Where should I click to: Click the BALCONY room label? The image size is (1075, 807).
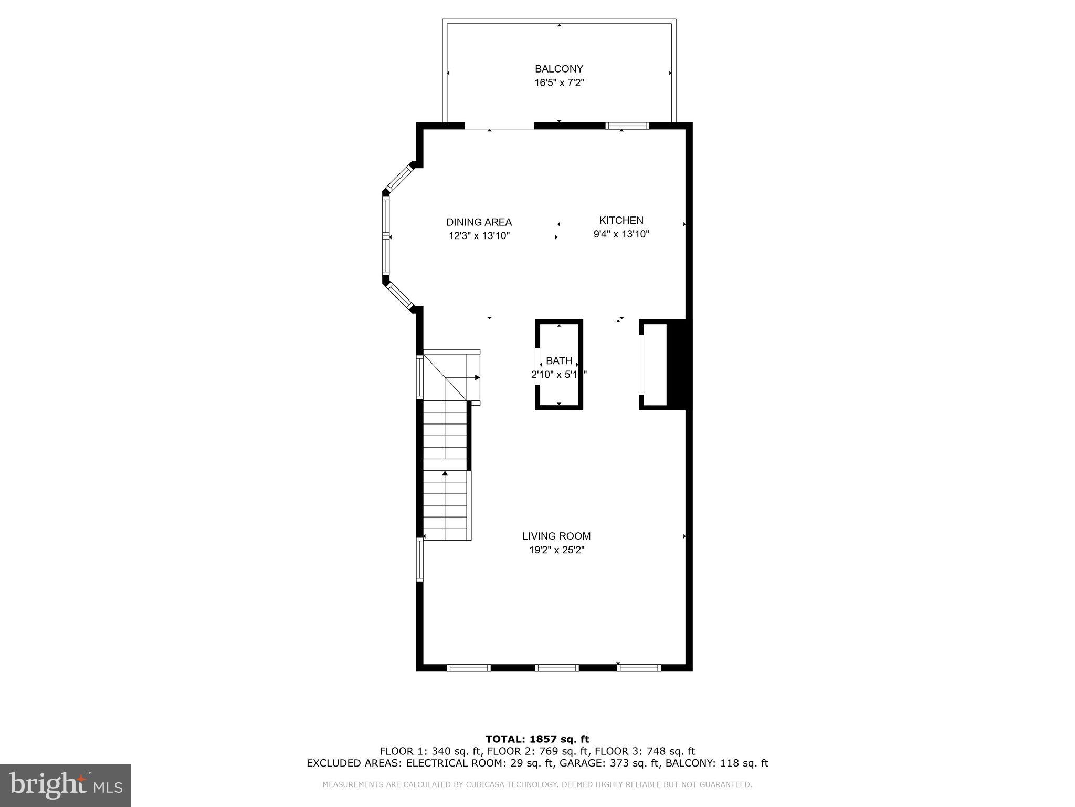(558, 69)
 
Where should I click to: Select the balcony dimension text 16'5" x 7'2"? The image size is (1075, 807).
(558, 83)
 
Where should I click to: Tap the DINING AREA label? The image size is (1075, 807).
(479, 222)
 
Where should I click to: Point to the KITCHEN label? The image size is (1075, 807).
(621, 220)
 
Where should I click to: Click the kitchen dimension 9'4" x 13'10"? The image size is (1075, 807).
(621, 234)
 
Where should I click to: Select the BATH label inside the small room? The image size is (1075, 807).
(558, 361)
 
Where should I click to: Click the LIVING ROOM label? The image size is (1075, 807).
(556, 536)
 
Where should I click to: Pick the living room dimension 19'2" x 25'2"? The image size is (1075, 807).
(556, 550)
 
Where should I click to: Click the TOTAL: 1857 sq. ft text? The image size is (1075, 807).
(537, 739)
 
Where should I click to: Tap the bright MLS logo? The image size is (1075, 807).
(65, 785)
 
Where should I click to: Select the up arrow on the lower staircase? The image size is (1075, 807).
(445, 474)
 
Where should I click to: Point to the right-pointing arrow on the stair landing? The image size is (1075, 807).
(477, 377)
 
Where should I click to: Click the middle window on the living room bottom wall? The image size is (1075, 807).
(556, 668)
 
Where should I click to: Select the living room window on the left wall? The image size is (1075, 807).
(419, 560)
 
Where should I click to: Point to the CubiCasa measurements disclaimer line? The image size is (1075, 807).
(537, 784)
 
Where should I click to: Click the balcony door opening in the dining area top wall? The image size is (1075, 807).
(499, 126)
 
